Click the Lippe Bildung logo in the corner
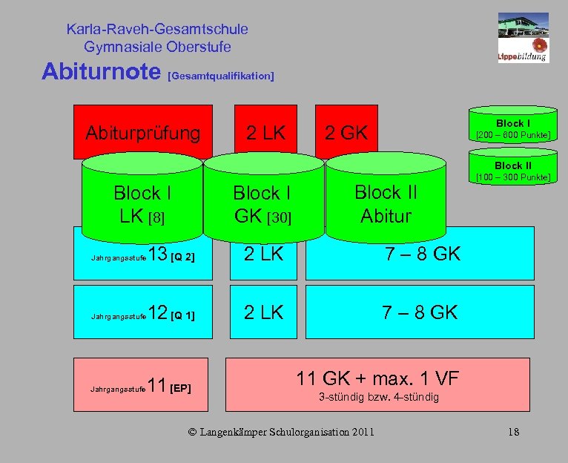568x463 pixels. [523, 36]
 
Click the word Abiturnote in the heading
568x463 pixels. [102, 72]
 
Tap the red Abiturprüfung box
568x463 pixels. [142, 132]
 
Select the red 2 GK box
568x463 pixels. [346, 132]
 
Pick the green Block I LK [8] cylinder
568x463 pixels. [142, 203]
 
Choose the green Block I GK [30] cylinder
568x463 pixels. [262, 203]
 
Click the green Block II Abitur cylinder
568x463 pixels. [386, 203]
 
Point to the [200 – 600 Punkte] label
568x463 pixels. [513, 135]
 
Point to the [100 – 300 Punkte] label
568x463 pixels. [513, 177]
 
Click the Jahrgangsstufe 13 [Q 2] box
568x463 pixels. [142, 255]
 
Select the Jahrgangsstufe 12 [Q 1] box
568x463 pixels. [142, 313]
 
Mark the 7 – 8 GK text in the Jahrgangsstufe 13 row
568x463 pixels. [421, 254]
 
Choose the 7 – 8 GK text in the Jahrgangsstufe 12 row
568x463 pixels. [420, 312]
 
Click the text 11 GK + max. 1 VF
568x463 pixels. [377, 378]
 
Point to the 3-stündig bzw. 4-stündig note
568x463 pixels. [378, 398]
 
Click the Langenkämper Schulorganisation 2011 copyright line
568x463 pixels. [281, 433]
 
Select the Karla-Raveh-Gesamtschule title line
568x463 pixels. [157, 30]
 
